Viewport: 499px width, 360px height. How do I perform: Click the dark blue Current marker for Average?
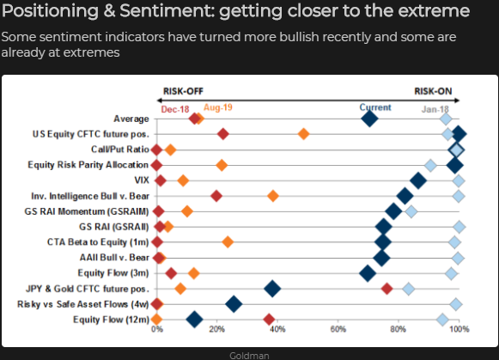click(369, 119)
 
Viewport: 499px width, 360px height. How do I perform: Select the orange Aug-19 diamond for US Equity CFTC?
click(303, 134)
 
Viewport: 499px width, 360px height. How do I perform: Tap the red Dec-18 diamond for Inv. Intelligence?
click(216, 196)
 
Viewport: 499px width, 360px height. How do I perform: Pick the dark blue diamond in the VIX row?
click(418, 180)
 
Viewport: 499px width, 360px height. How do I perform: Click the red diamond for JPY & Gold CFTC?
click(386, 289)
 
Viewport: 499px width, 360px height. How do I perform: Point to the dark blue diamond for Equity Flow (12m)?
click(194, 320)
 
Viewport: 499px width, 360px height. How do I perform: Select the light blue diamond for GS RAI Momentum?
click(411, 211)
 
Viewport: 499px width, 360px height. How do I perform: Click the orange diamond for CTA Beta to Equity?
click(228, 242)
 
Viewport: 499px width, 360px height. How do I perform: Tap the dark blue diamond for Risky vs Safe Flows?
click(234, 303)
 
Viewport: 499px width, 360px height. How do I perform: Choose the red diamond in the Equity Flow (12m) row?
click(269, 320)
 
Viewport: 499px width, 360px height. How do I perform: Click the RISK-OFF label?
click(183, 91)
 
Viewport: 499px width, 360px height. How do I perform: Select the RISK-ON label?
click(433, 91)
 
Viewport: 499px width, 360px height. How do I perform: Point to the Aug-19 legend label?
click(218, 107)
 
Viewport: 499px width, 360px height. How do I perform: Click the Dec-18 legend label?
click(175, 109)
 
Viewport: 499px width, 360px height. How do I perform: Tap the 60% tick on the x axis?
click(338, 329)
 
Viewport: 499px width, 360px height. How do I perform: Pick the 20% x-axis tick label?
click(217, 329)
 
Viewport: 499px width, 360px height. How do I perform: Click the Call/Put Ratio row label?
click(120, 149)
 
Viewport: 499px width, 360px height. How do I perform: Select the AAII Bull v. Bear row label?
click(114, 257)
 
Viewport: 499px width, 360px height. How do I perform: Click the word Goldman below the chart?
click(249, 356)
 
